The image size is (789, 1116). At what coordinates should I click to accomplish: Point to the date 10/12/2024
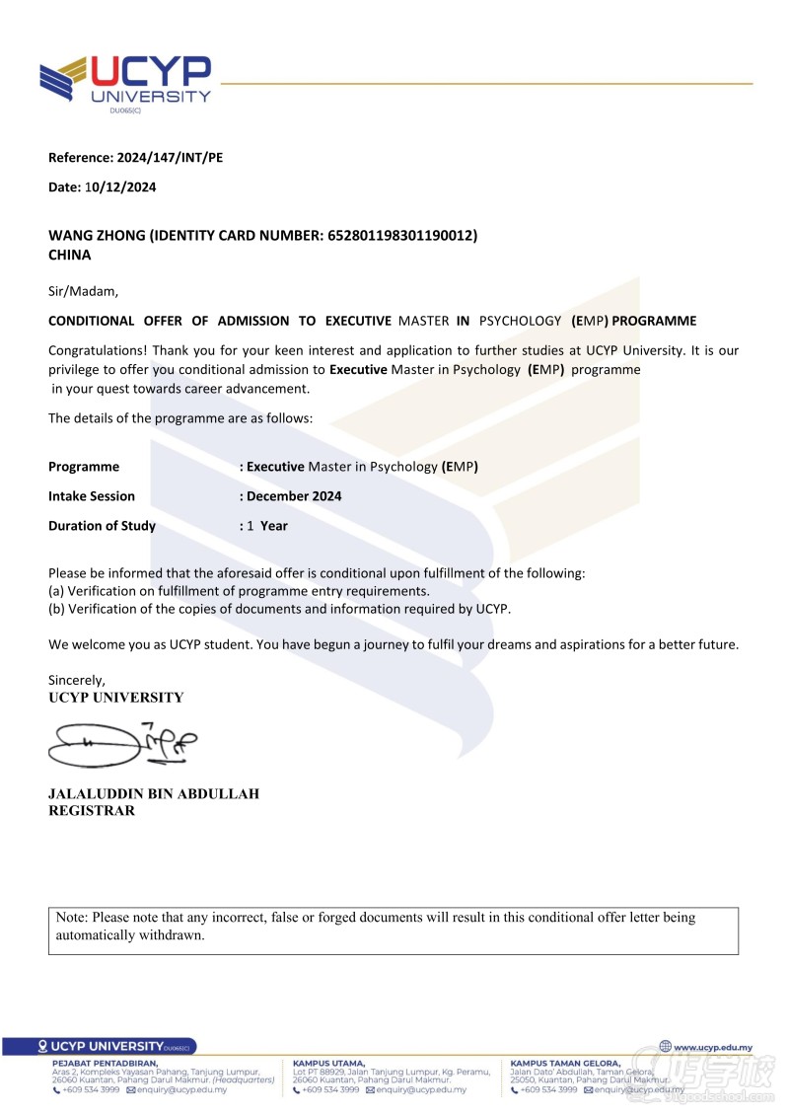(120, 186)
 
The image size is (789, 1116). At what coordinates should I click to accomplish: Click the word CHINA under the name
(70, 255)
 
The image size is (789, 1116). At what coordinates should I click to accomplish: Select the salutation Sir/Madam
(83, 291)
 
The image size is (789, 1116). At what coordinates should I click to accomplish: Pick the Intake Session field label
(92, 496)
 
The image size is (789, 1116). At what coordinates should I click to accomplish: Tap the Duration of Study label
(102, 526)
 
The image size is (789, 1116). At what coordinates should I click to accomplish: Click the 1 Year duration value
(267, 526)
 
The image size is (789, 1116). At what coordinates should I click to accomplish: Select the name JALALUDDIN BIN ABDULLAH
(154, 793)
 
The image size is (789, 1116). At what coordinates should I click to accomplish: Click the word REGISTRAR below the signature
(92, 811)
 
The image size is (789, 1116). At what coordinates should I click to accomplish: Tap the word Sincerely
(77, 680)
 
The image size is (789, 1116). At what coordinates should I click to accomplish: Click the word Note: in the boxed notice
(72, 918)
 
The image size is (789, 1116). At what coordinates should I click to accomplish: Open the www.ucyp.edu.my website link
(712, 1047)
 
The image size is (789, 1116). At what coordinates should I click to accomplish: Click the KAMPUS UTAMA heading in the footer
(328, 1063)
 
